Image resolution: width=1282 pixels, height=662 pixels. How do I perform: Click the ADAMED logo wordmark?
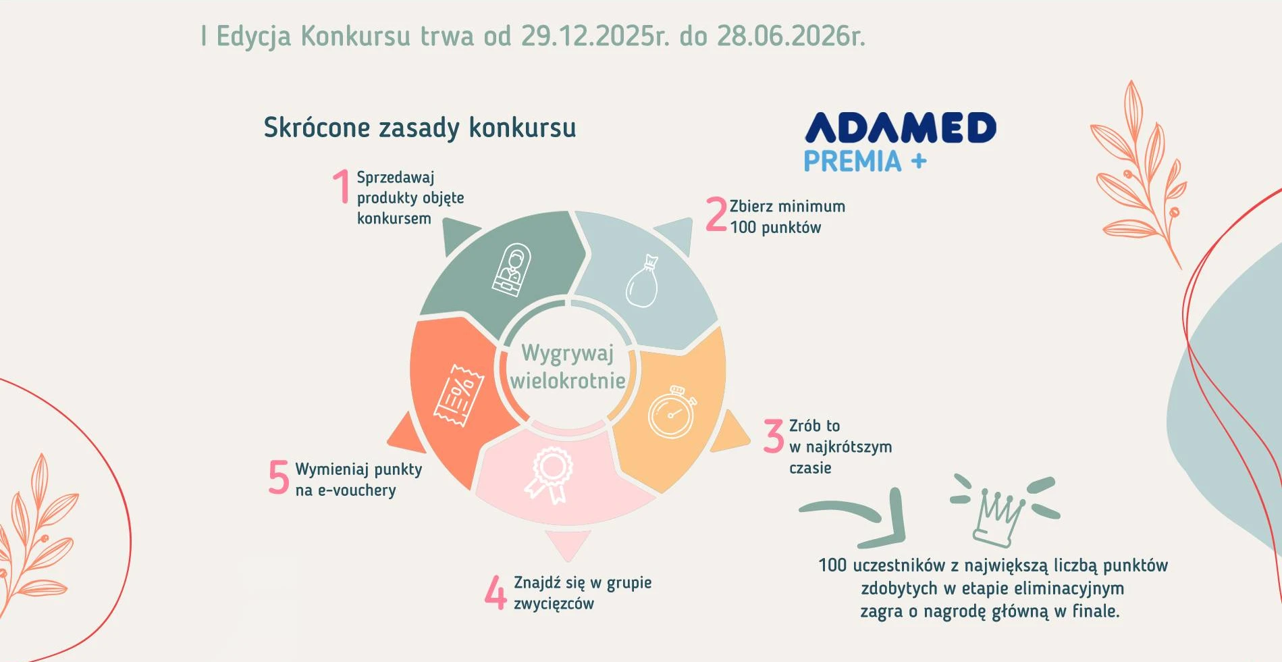tap(901, 128)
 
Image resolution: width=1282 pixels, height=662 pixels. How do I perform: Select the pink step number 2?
tap(716, 214)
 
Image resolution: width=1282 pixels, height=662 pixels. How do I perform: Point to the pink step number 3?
tap(774, 436)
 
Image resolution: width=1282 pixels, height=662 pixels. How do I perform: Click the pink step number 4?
tap(496, 592)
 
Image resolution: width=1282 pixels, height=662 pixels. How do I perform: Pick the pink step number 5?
tap(279, 477)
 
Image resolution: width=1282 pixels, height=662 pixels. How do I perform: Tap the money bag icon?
tap(643, 281)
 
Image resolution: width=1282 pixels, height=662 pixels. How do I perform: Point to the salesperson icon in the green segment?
tap(512, 270)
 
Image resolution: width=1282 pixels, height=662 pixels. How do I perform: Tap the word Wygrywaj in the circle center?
tap(568, 353)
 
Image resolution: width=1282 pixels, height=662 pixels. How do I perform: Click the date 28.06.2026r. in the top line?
tap(791, 36)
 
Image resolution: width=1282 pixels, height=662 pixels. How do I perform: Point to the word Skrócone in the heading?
tap(317, 127)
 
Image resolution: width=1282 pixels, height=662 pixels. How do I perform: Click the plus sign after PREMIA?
tap(918, 161)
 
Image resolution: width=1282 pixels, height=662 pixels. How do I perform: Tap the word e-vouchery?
tap(357, 490)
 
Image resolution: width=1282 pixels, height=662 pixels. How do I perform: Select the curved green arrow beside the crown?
tap(871, 517)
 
